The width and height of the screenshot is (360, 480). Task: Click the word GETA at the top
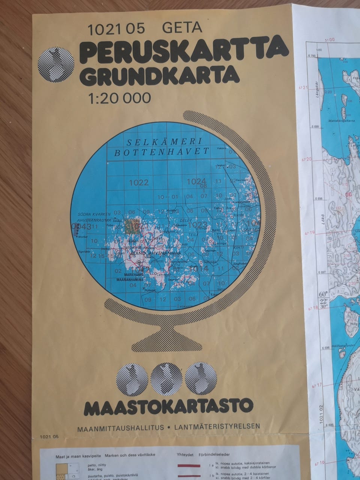(x=183, y=27)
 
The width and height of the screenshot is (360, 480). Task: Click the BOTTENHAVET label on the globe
(x=161, y=152)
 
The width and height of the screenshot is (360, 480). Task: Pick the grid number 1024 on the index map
(x=196, y=181)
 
